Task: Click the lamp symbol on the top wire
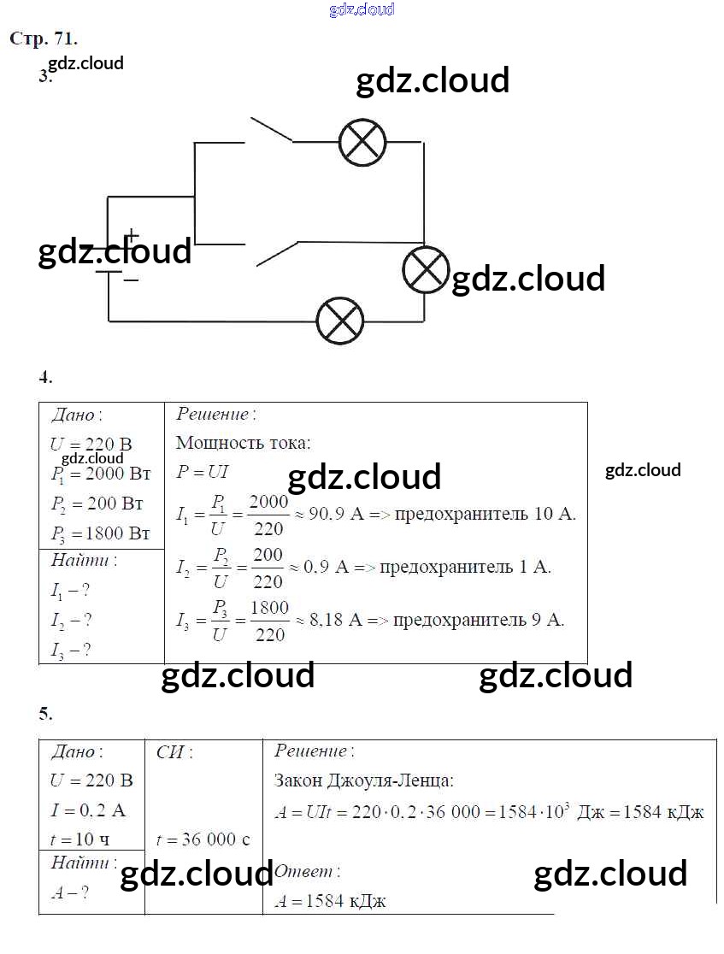click(x=362, y=142)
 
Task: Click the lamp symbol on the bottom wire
click(x=340, y=321)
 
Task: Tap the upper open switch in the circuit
click(x=270, y=129)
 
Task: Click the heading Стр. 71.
click(x=44, y=38)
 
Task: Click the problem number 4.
click(x=46, y=376)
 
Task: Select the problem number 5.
click(x=46, y=713)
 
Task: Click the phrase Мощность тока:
click(x=244, y=443)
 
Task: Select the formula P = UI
click(x=203, y=471)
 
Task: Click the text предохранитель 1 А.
click(x=465, y=567)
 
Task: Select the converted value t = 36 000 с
click(x=203, y=839)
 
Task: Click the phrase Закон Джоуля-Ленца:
click(x=364, y=780)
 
